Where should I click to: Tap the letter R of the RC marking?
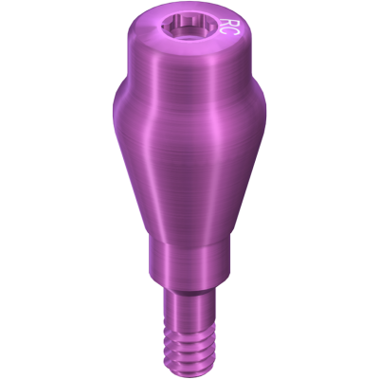pyautogui.click(x=227, y=23)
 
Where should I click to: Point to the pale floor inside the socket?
pyautogui.click(x=189, y=38)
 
